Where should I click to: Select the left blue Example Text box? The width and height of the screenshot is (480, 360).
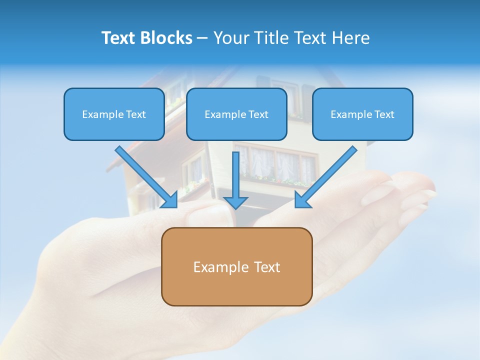[x=114, y=114]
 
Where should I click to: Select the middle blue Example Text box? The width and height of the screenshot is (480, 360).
[x=236, y=114]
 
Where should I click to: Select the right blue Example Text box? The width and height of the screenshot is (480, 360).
[x=362, y=114]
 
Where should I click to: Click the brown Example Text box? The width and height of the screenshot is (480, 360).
[x=236, y=267]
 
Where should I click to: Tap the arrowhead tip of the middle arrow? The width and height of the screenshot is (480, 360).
[x=236, y=207]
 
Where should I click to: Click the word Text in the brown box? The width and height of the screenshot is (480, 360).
[x=267, y=267]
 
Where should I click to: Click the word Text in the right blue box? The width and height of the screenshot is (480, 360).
[x=384, y=114]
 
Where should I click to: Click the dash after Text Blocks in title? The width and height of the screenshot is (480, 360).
[x=202, y=38]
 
